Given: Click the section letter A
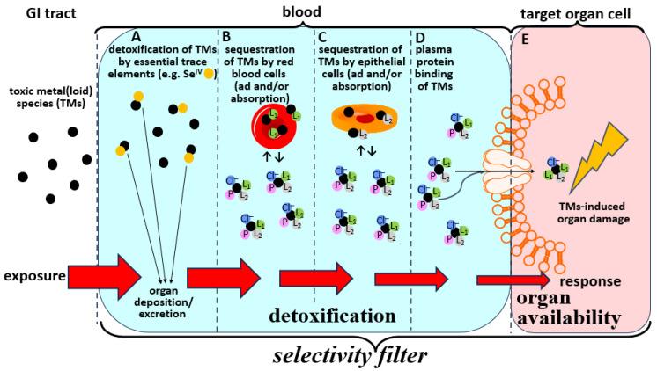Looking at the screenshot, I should point(135,37).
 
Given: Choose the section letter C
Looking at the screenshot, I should point(324,37).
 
